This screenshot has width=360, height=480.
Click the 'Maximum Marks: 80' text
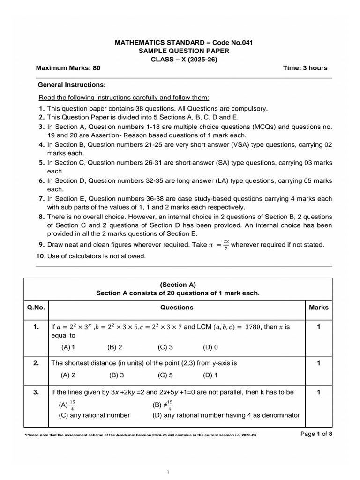tap(68, 68)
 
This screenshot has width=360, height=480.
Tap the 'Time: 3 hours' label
tap(305, 68)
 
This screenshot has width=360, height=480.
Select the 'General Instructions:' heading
tap(71, 85)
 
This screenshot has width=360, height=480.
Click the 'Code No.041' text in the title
tap(234, 43)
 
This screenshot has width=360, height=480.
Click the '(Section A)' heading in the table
tap(178, 285)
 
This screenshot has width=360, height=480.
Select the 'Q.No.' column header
tap(36, 307)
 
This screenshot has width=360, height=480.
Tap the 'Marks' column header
tap(319, 307)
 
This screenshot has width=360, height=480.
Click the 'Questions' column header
tap(177, 307)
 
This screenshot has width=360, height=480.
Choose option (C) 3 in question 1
tap(165, 347)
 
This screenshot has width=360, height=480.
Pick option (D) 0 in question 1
tap(210, 347)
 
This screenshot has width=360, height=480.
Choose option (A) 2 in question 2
tap(68, 375)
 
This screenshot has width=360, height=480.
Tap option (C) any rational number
tap(94, 415)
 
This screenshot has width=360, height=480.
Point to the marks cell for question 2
tap(319, 363)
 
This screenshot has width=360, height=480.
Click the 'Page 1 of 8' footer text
tap(316, 434)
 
